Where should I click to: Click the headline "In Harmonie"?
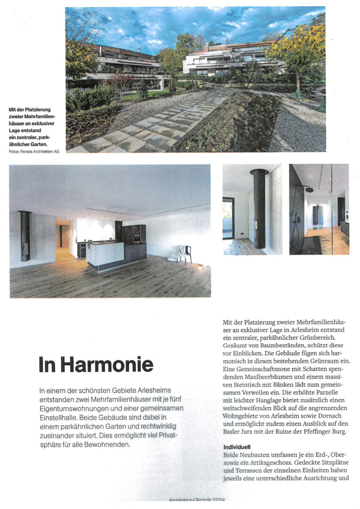[x=96, y=365]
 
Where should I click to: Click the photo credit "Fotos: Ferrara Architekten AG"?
[x=34, y=152]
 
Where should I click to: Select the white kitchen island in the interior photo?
[x=105, y=253]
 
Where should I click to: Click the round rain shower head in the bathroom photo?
[x=309, y=189]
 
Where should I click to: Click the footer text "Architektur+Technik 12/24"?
[x=206, y=501]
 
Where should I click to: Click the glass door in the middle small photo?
[x=228, y=217]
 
